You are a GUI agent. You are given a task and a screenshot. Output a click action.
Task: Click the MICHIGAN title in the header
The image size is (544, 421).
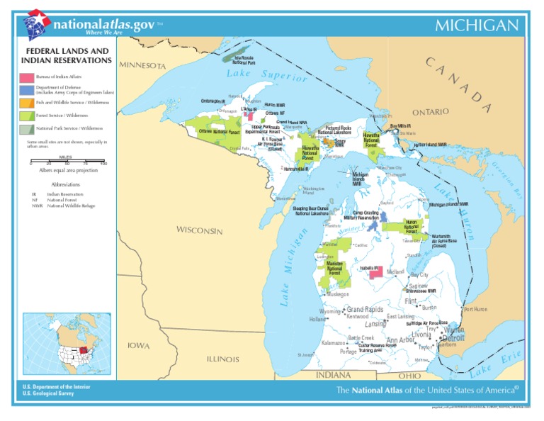(x=476, y=26)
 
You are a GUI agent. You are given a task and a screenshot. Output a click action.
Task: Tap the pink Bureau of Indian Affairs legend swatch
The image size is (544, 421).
(x=26, y=77)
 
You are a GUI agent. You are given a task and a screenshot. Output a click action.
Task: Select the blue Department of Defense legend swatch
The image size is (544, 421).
(x=26, y=90)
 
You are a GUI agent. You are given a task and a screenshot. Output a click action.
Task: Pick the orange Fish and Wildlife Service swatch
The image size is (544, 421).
(x=26, y=103)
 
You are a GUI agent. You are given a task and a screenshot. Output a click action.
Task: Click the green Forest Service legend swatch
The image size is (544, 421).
(x=26, y=116)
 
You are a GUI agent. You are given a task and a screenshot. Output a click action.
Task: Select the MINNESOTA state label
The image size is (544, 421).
(x=143, y=65)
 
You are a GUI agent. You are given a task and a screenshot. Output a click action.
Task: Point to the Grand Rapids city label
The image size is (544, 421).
(x=365, y=310)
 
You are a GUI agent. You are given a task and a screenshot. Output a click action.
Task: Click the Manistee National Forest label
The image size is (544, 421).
(x=334, y=269)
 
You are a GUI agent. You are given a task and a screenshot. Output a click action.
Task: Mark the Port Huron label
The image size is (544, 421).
(x=476, y=310)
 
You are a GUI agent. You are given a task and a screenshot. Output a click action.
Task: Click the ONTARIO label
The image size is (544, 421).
(x=431, y=112)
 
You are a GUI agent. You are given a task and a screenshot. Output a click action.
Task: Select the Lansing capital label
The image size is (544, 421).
(x=375, y=324)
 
